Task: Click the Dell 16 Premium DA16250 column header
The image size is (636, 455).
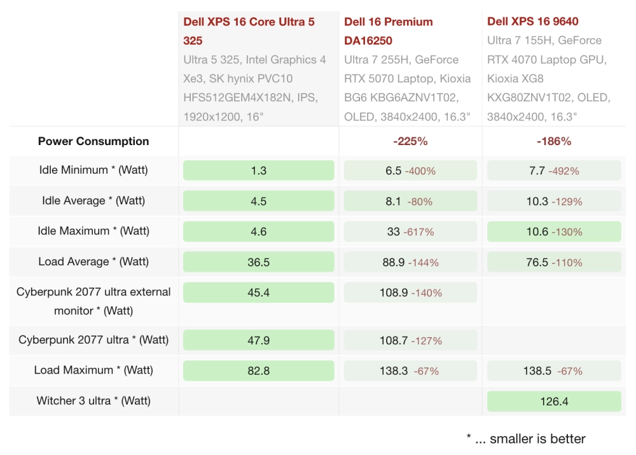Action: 389,31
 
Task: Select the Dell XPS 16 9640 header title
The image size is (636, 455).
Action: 532,22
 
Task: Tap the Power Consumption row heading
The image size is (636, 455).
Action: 93,141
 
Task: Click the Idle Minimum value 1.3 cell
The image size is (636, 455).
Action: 258,171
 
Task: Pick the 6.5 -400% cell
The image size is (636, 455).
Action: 410,171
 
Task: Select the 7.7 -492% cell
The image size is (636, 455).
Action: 553,171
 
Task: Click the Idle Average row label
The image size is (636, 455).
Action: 93,200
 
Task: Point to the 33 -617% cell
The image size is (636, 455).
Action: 410,232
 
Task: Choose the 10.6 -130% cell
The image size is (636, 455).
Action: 553,232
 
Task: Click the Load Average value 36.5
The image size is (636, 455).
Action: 258,262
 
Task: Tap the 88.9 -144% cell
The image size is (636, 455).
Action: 410,262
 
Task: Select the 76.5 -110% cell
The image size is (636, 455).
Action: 553,262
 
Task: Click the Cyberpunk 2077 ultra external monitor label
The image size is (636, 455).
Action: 93,301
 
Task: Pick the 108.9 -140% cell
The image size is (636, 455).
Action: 410,293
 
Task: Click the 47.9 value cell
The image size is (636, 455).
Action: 258,340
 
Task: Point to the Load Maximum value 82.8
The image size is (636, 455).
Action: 258,370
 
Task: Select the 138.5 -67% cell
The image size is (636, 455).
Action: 553,370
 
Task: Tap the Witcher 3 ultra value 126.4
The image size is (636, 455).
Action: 553,401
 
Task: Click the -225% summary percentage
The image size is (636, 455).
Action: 410,141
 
